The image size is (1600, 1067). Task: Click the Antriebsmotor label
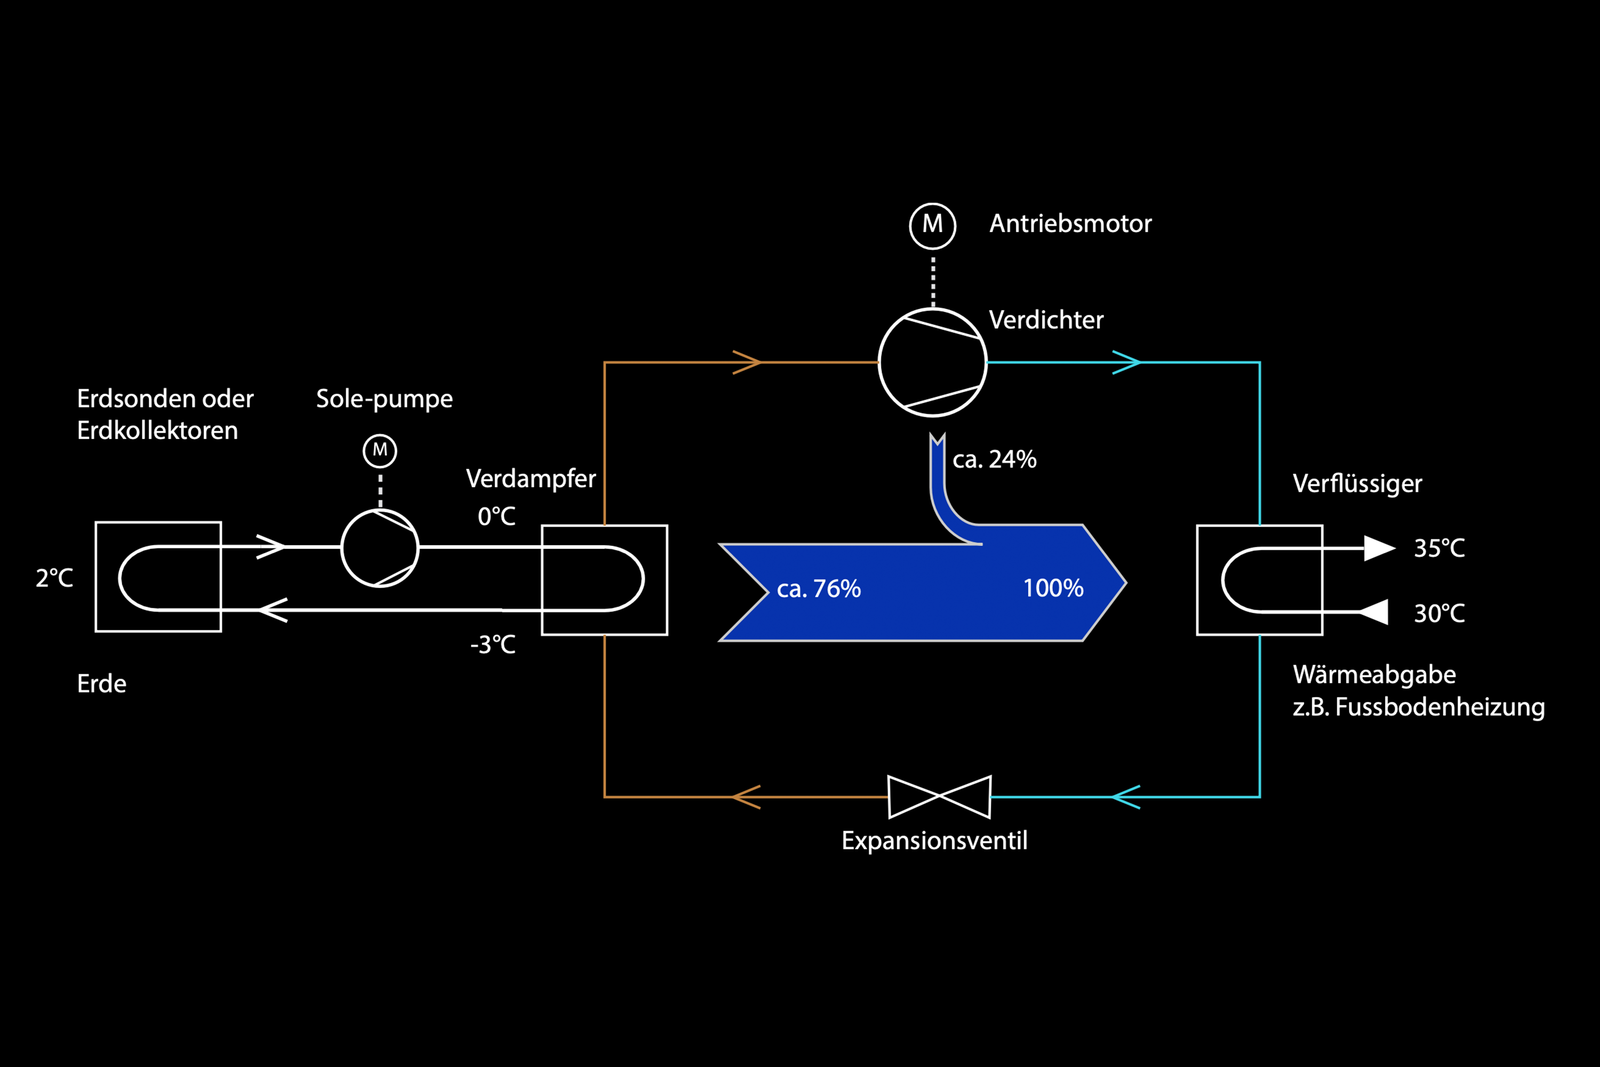pos(1070,224)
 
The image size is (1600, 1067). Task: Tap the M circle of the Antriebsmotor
pos(933,225)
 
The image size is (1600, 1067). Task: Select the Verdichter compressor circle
pos(933,362)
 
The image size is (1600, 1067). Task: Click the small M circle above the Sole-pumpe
pos(380,450)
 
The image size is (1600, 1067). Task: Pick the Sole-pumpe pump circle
pos(380,548)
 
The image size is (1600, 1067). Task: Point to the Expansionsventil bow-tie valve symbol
pos(939,796)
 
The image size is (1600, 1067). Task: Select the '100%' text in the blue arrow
pos(1053,588)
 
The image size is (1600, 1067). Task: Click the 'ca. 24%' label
pos(995,459)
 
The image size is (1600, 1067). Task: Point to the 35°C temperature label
pos(1439,548)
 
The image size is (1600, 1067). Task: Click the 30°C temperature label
pos(1439,613)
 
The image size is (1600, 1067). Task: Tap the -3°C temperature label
pos(493,644)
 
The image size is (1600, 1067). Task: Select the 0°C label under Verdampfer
pos(497,516)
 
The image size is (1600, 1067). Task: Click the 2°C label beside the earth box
pos(54,578)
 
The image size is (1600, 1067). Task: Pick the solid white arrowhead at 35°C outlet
pos(1378,548)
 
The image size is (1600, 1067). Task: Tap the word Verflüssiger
pos(1357,484)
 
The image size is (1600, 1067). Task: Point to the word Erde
pos(101,684)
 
